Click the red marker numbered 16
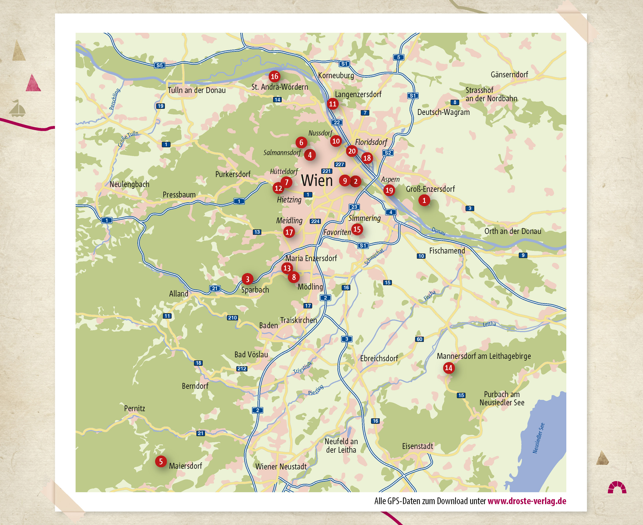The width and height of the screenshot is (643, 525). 274,76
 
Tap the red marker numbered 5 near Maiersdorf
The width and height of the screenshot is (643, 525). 161,461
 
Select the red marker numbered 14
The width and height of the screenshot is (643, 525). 449,368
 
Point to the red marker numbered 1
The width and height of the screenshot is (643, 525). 424,200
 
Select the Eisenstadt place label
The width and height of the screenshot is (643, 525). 417,446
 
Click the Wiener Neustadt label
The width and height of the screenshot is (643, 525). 281,466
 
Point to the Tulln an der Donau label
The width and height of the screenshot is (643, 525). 197,90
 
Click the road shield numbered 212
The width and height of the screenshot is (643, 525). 242,369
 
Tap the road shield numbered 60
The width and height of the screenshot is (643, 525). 419,339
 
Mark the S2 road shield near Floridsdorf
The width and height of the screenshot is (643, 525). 388,153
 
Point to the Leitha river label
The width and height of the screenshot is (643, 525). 489,324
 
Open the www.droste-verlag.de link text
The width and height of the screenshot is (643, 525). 527,501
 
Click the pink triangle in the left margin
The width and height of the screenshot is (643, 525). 33,83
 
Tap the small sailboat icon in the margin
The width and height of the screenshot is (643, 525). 17,109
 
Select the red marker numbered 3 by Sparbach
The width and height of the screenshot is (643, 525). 247,279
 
